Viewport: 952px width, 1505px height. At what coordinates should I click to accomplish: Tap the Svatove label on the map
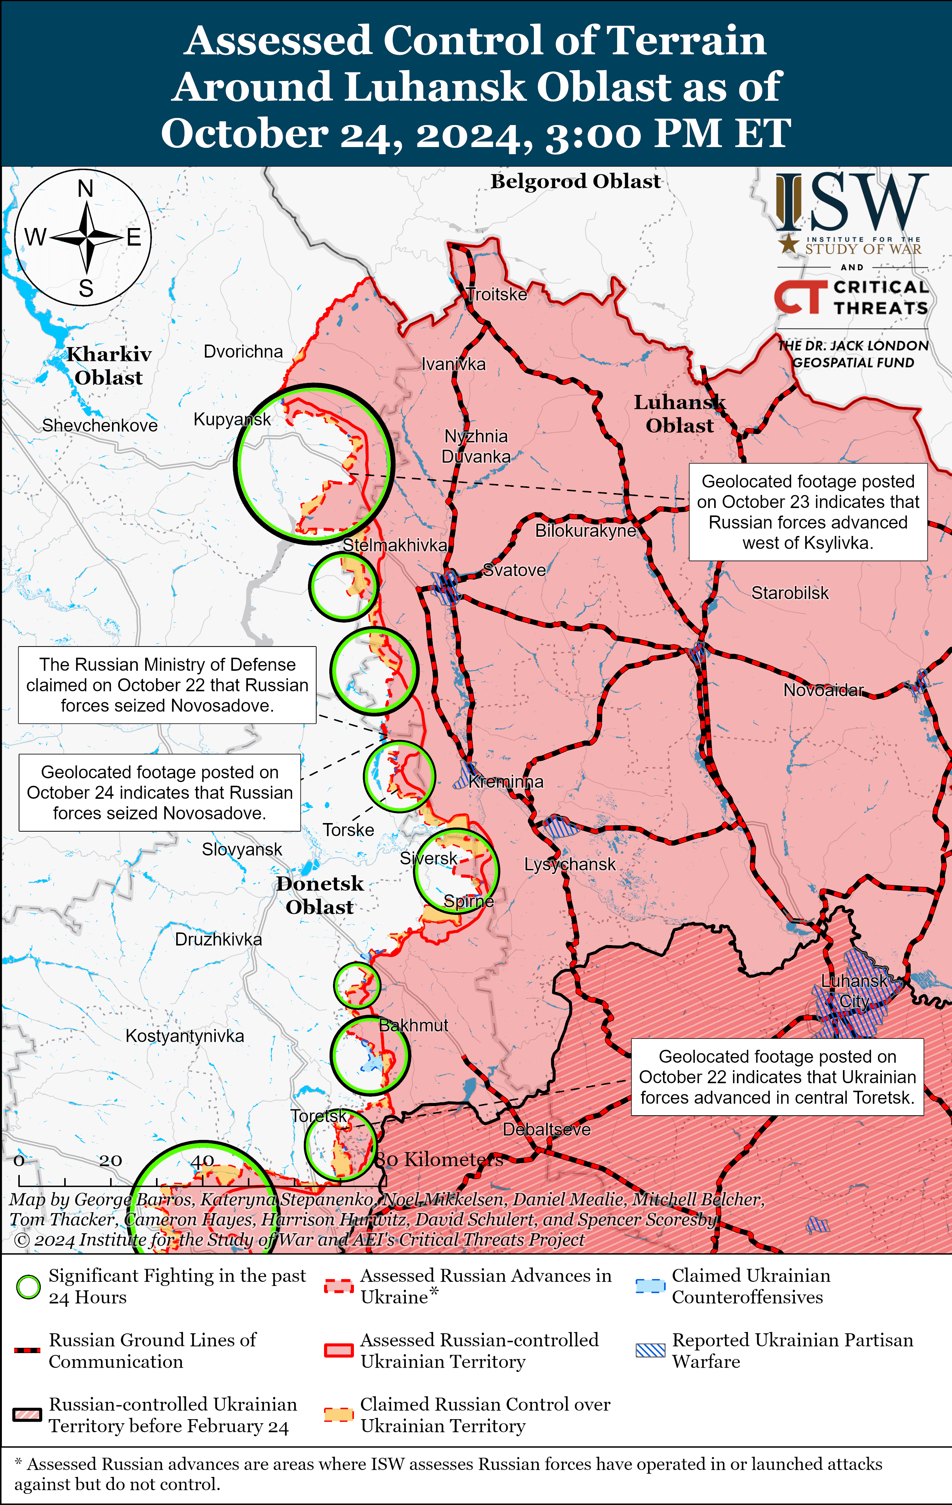click(514, 570)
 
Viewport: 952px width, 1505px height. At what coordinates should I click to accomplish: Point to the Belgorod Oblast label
click(575, 181)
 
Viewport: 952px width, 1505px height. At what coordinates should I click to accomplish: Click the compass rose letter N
click(85, 188)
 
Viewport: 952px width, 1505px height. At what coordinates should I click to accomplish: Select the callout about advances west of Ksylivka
click(808, 512)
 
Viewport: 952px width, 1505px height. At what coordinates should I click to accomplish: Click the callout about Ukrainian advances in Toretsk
click(777, 1077)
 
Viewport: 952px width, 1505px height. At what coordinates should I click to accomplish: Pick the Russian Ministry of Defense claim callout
click(167, 685)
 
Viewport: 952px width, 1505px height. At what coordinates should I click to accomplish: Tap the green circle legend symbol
click(28, 1287)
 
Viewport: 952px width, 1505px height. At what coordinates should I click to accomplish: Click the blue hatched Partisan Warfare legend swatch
click(650, 1350)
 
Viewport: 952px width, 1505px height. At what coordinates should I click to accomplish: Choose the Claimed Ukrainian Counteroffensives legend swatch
click(650, 1286)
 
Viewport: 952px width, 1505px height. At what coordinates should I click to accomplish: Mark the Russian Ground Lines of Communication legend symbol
click(28, 1350)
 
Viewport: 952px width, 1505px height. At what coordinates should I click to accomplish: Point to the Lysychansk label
click(569, 864)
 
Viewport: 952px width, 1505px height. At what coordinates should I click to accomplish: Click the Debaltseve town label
click(546, 1129)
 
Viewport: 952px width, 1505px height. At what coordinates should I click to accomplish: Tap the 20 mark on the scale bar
click(111, 1160)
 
